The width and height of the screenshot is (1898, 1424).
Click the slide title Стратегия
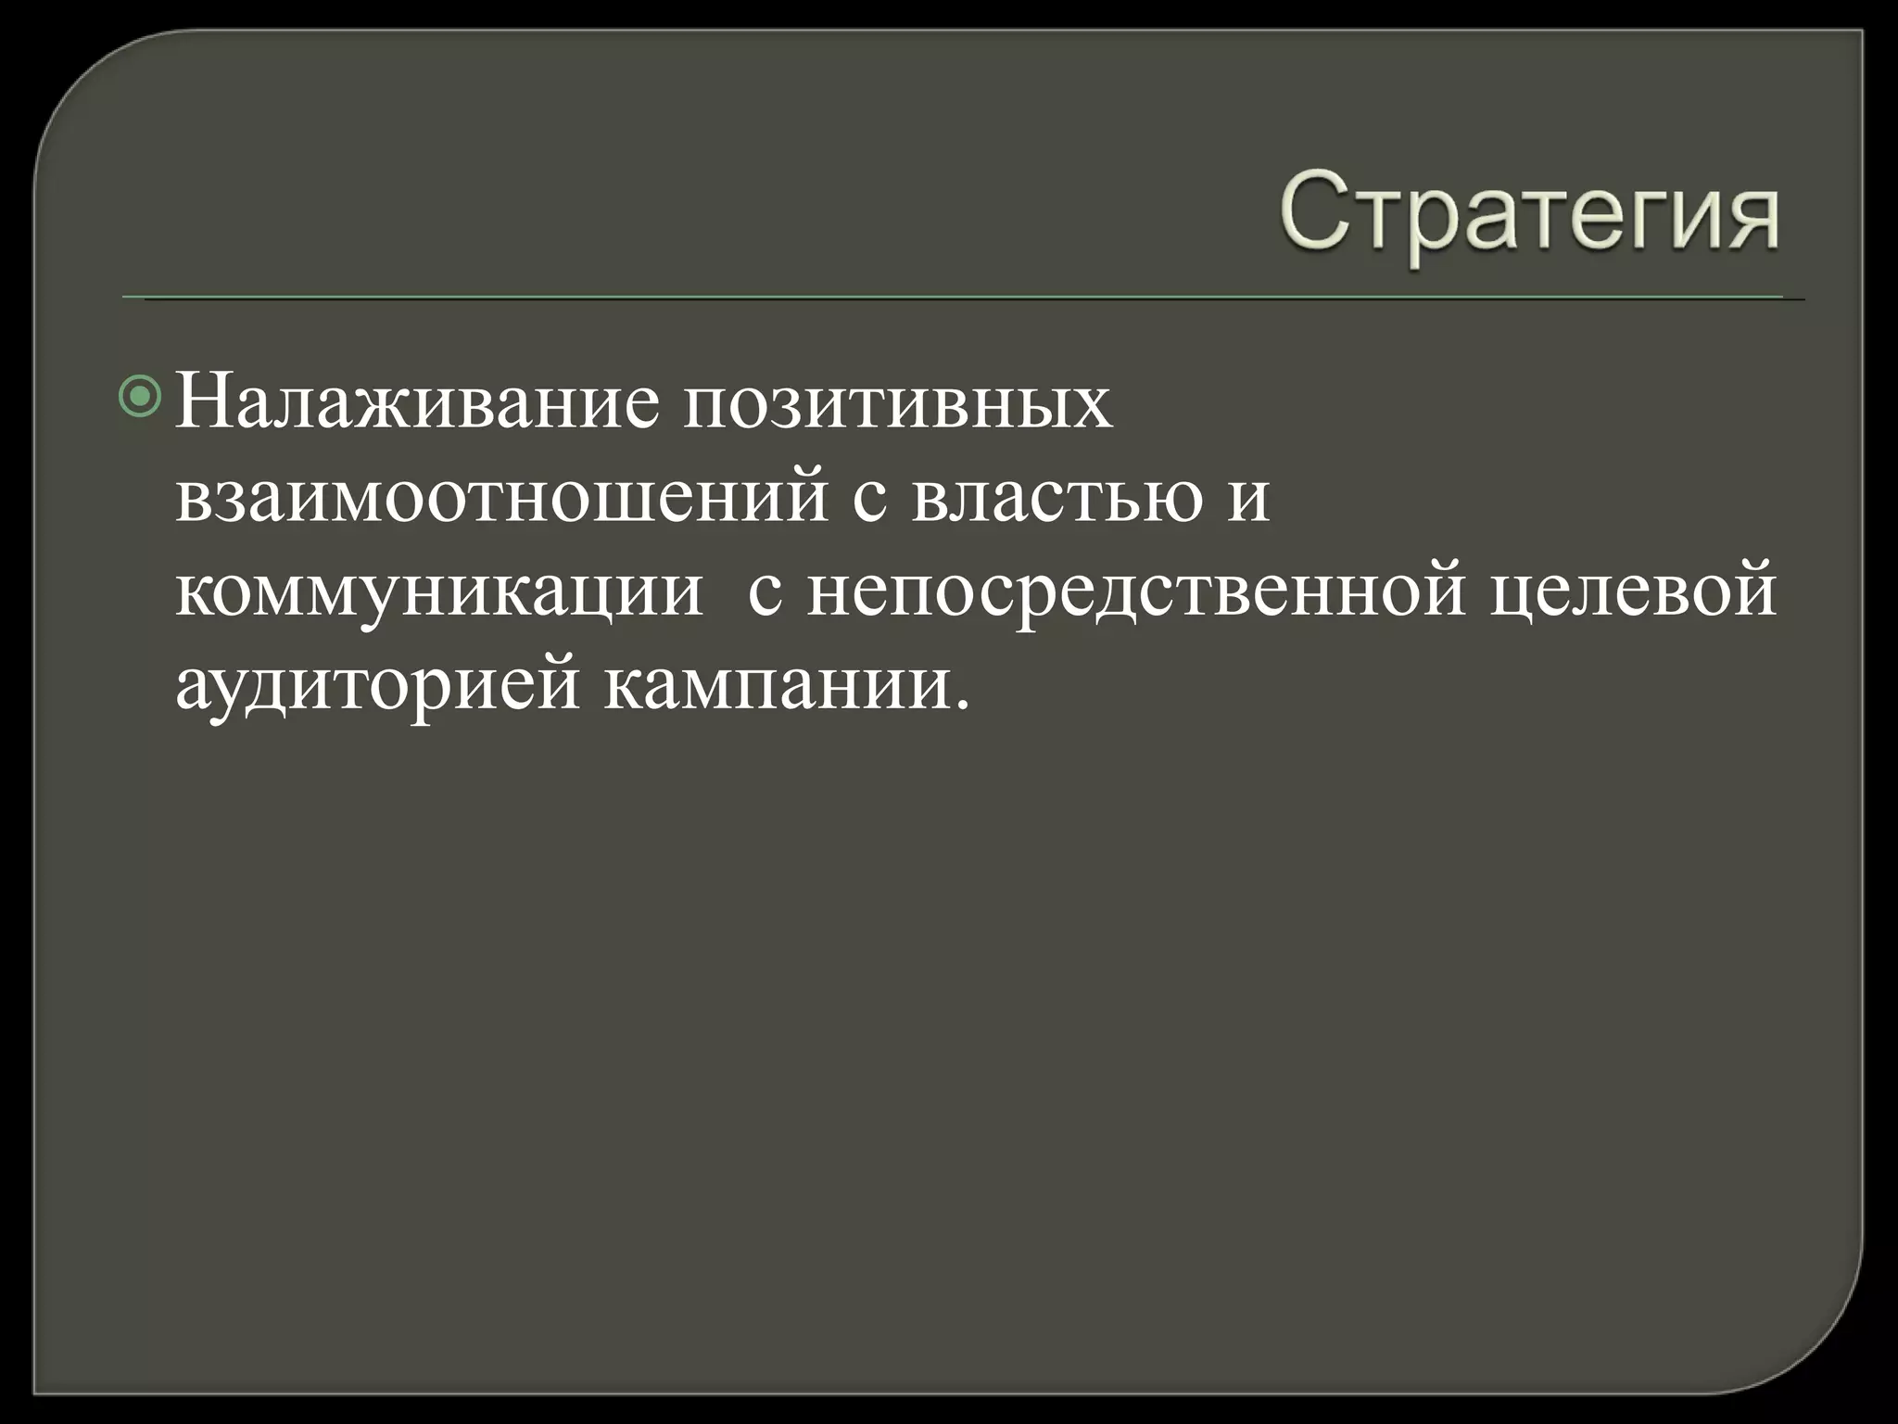tap(1530, 216)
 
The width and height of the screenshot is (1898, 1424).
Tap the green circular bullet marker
tap(141, 397)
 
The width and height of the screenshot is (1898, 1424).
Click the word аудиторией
tap(378, 687)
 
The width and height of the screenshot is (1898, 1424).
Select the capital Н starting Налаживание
tap(202, 400)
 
